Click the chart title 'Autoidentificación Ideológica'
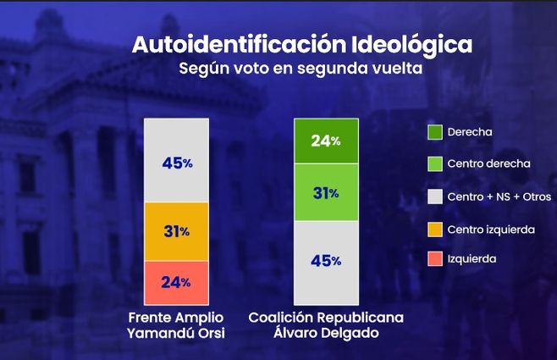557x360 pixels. coord(301,44)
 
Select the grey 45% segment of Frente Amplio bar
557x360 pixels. coord(177,161)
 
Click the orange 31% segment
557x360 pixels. coord(177,231)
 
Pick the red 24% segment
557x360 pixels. coord(177,282)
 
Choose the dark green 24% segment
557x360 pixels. coord(326,141)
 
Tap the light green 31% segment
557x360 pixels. coord(326,193)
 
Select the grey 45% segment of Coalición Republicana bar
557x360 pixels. coord(326,261)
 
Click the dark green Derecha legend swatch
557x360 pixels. coord(435,132)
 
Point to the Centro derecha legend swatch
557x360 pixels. coord(435,163)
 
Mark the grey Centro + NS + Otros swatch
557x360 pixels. coord(435,197)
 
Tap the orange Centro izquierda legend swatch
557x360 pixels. coord(435,228)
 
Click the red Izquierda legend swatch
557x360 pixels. coord(435,258)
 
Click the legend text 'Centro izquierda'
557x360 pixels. coord(491,228)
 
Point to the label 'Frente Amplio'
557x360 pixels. coord(176,318)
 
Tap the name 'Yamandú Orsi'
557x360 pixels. coord(176,333)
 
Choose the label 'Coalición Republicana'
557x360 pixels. coord(326,318)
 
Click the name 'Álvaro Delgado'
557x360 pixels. coord(326,333)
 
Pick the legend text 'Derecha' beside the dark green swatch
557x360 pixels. coord(472,132)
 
